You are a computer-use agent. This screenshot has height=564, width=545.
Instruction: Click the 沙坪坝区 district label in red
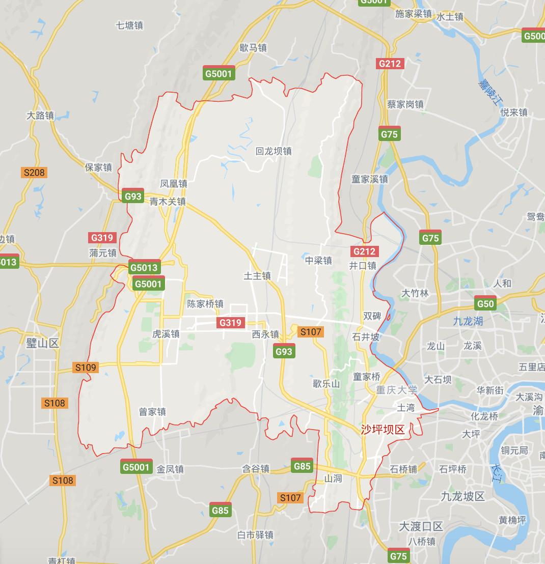coord(383,430)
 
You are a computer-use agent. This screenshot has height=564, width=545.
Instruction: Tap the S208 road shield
coord(34,173)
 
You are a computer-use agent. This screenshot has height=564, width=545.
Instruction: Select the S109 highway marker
coord(85,368)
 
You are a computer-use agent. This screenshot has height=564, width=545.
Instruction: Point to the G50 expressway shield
coord(485,304)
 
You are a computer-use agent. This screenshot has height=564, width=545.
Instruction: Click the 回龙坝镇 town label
coord(274,151)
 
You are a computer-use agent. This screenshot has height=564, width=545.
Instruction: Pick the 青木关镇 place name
coord(168,202)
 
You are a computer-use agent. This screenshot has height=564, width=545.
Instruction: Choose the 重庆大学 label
coord(397,390)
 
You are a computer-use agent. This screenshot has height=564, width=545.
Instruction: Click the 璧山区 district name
coord(42,343)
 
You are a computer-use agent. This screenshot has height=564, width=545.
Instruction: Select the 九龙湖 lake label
coord(468,321)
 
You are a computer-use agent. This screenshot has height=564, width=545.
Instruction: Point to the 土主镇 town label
coord(257,276)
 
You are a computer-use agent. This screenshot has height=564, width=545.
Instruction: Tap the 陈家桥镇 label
coord(205,304)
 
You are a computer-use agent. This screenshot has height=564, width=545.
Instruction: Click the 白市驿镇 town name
coord(256,535)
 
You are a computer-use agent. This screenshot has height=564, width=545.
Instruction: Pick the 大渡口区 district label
coord(421,526)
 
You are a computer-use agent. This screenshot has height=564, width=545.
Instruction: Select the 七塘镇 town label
coord(129,25)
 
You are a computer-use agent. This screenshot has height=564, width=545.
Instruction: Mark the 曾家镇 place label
coord(152,412)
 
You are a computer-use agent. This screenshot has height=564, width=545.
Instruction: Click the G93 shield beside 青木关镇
coord(133,196)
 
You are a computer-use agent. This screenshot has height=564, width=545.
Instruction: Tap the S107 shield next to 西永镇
coord(310,332)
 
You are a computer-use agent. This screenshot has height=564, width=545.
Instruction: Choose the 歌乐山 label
coord(326,384)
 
